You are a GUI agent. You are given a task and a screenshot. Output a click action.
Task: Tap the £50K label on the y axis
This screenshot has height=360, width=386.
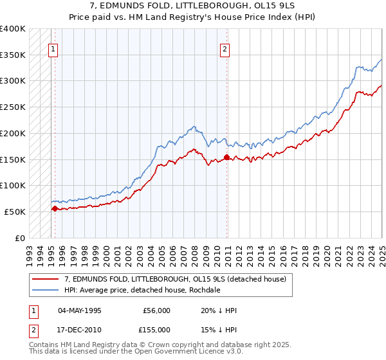[14, 212]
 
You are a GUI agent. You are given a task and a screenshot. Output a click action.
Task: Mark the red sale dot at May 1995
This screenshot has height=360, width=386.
[55, 208]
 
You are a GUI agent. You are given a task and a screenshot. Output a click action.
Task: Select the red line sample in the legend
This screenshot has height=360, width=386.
[46, 279]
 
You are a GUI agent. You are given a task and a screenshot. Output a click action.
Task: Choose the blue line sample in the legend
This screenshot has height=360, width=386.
[46, 290]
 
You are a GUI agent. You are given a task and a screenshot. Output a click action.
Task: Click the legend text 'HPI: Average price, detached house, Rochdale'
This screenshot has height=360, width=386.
[142, 290]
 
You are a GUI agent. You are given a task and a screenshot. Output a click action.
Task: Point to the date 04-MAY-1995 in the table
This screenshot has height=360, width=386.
[80, 310]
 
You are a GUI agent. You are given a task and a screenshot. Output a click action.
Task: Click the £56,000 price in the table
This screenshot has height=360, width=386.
[157, 310]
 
